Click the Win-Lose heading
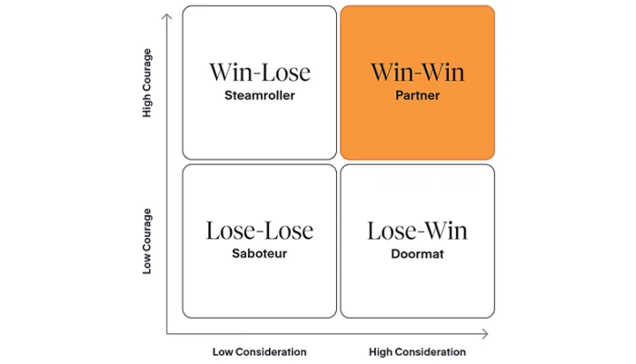(259, 73)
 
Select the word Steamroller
(259, 95)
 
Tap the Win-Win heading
(418, 73)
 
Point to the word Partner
(418, 95)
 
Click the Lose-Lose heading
(259, 231)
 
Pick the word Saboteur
(259, 253)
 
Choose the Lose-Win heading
(418, 231)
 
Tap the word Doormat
(418, 253)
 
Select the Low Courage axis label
(147, 241)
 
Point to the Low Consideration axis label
(259, 351)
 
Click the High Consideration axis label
(417, 351)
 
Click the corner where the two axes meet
(166, 333)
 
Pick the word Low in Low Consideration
(223, 351)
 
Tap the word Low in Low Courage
(147, 264)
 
